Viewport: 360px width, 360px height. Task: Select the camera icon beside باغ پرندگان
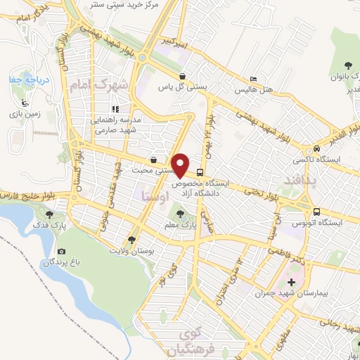point(61,251)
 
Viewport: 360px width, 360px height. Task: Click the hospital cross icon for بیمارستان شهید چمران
point(292,282)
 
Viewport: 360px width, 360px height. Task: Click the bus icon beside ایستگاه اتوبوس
point(317,211)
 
